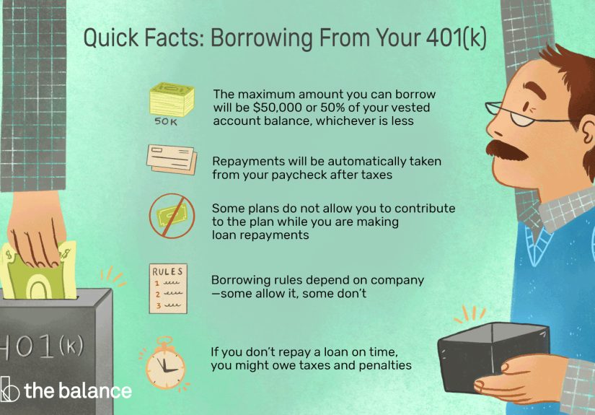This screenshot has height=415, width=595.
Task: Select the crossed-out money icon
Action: (x=171, y=214)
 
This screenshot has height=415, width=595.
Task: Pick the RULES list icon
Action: (x=168, y=287)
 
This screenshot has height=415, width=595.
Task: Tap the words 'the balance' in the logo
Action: (x=78, y=391)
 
